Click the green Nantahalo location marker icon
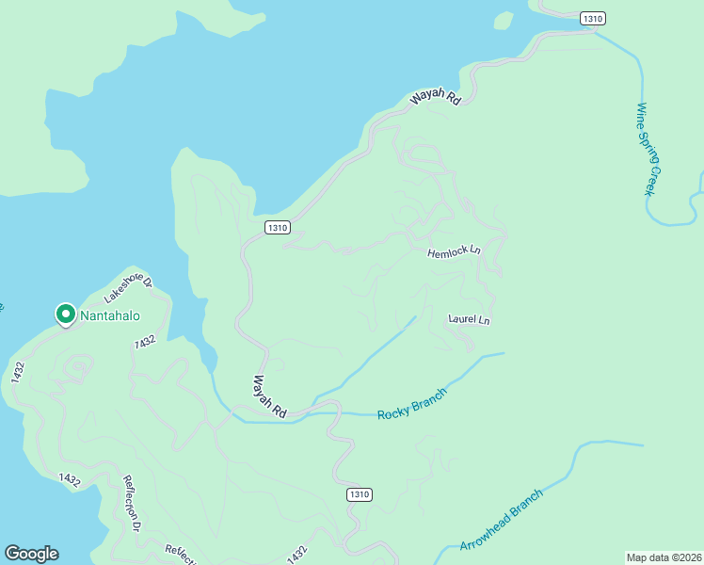pos(66,314)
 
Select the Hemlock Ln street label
pos(454,252)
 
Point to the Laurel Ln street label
pos(470,320)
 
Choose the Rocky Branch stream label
pos(411,403)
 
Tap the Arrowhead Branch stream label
pos(502,521)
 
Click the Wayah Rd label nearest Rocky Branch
pos(269,395)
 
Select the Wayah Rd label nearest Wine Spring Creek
pos(435,97)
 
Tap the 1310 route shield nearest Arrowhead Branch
pos(359,494)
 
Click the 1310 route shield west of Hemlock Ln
pos(277,227)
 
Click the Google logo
pos(31,554)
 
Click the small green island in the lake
pos(504,20)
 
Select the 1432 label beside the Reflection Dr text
pos(70,479)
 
